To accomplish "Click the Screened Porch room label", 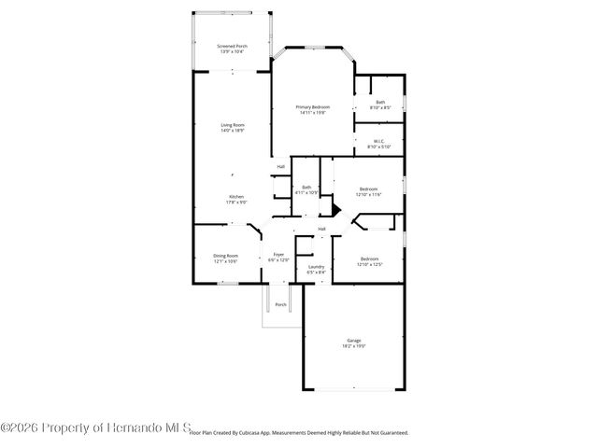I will [x=233, y=49].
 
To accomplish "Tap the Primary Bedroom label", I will [x=313, y=109].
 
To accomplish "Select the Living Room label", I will [x=233, y=127].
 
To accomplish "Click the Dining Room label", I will [x=225, y=258].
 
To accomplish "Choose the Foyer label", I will [x=278, y=256].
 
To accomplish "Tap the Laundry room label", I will [x=316, y=269].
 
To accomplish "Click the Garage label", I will [x=354, y=342].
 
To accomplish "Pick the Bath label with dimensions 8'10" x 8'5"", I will [x=380, y=105].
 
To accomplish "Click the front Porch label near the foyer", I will [x=279, y=305].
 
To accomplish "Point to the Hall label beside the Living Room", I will [x=280, y=167].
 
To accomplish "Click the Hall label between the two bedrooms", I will [x=321, y=229].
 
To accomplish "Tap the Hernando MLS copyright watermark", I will [x=93, y=428].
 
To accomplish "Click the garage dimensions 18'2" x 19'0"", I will [x=354, y=346].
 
